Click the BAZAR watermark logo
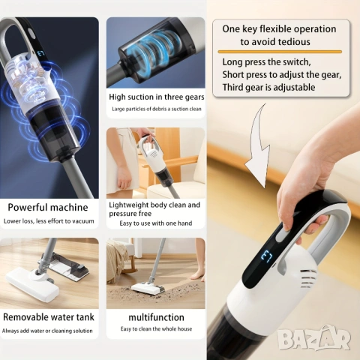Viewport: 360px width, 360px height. pyautogui.click(x=314, y=338)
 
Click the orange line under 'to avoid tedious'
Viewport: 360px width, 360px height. pyautogui.click(x=280, y=52)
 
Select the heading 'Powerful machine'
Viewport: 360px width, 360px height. pyautogui.click(x=48, y=207)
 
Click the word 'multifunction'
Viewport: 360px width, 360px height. pyautogui.click(x=156, y=317)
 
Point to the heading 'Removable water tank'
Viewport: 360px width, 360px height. pyautogui.click(x=49, y=317)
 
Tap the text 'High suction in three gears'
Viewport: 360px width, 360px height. pyautogui.click(x=157, y=97)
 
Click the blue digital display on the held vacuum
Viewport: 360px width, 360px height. pyautogui.click(x=266, y=256)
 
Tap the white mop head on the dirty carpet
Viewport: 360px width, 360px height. pyautogui.click(x=148, y=289)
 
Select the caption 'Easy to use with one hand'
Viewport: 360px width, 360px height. pyautogui.click(x=156, y=223)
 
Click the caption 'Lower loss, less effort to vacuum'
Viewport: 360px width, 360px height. pyautogui.click(x=49, y=221)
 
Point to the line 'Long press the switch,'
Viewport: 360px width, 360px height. pyautogui.click(x=266, y=62)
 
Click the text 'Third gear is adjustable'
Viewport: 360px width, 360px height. pyautogui.click(x=268, y=88)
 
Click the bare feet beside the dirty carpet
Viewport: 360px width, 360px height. pyautogui.click(x=199, y=274)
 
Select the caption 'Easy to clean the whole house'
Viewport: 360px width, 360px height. pyautogui.click(x=156, y=329)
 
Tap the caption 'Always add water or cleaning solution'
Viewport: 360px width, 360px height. pyautogui.click(x=47, y=331)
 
